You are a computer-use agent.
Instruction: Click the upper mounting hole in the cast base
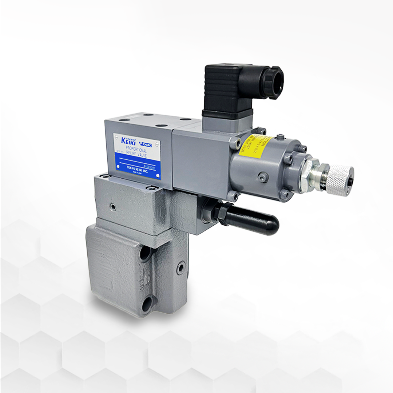(x=146, y=253)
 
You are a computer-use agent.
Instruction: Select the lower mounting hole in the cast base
(x=147, y=303)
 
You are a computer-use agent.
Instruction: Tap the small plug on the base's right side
(x=181, y=269)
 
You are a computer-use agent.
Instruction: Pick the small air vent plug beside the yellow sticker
(x=279, y=138)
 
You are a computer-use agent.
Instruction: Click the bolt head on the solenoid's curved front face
(x=263, y=177)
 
